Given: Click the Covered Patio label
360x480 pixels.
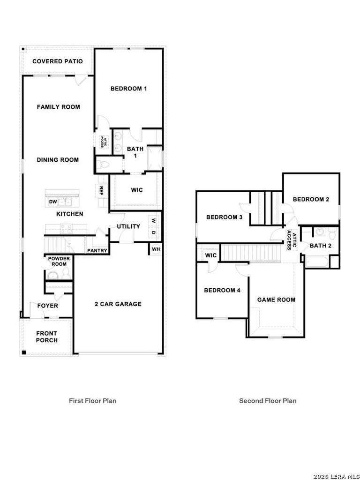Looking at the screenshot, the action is (x=58, y=61).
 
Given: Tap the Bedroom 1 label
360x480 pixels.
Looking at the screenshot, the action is (x=128, y=89).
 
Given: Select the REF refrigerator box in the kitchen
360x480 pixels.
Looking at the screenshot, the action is (x=101, y=191).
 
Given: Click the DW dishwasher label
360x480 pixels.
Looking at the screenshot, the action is (x=52, y=202).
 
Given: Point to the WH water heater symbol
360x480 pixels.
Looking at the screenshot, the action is (x=156, y=249).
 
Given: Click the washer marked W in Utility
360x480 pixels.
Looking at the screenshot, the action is (x=154, y=220).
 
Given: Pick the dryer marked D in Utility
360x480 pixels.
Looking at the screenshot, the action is (x=154, y=232).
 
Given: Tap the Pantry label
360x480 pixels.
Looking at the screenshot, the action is (x=97, y=251).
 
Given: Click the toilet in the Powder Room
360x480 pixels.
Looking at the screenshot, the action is (x=66, y=273).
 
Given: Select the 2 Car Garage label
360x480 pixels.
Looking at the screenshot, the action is (x=118, y=304).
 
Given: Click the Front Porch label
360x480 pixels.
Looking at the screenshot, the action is (x=47, y=337).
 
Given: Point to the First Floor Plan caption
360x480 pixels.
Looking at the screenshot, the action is (x=92, y=400).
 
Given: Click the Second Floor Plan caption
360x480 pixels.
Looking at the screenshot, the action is (x=268, y=400).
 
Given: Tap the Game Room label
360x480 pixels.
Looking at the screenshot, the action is (x=277, y=300).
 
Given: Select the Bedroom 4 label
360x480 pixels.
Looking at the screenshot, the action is (x=222, y=290).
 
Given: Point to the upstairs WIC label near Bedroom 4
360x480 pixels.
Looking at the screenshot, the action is (x=210, y=255).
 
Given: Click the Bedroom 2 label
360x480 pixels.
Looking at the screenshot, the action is (x=311, y=199).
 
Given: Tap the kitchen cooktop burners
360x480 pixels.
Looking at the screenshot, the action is (x=66, y=228).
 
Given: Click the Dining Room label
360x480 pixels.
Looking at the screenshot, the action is (x=58, y=160).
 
